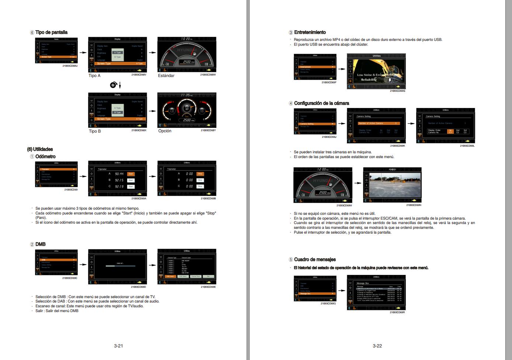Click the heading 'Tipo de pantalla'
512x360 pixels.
click(51, 32)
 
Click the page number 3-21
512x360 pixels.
click(118, 346)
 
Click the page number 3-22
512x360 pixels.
click(377, 346)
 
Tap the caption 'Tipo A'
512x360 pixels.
click(94, 76)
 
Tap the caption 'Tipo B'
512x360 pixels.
click(95, 131)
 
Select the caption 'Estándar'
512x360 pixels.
click(166, 76)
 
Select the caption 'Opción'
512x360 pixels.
click(165, 131)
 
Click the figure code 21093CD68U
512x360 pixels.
click(70, 66)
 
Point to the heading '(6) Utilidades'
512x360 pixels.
click(40, 149)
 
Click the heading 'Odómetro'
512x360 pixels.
click(45, 157)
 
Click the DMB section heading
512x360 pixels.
click(40, 244)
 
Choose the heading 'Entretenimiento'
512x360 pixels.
click(310, 32)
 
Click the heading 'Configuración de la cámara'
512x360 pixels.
click(321, 103)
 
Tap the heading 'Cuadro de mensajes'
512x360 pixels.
click(314, 259)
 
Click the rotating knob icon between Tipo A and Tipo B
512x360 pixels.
click(114, 85)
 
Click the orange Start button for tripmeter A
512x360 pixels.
click(130, 174)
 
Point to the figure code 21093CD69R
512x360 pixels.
click(397, 312)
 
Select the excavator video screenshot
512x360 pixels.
click(379, 72)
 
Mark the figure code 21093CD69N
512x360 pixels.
click(414, 205)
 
